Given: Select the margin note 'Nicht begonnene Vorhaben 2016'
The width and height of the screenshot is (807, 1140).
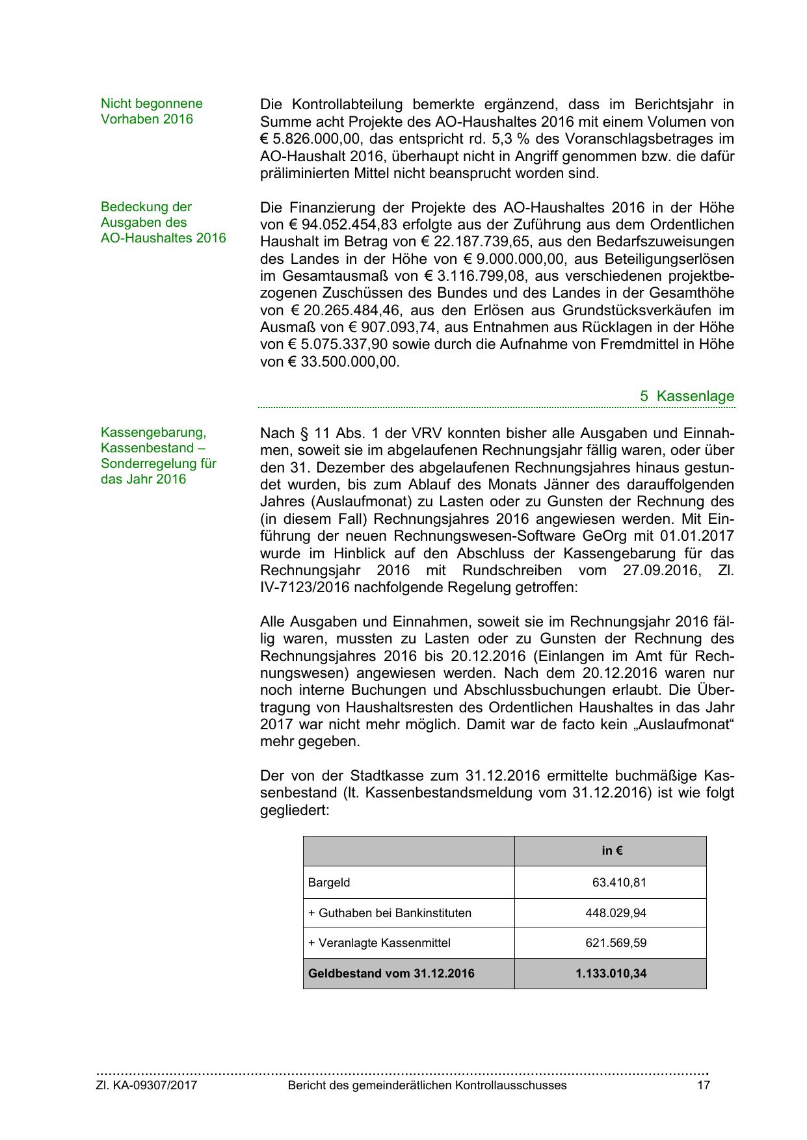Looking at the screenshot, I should click(152, 111).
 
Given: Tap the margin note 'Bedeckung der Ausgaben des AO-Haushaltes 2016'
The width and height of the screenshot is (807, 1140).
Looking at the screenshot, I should click(163, 222).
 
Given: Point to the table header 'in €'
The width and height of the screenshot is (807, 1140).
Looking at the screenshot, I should click(611, 851).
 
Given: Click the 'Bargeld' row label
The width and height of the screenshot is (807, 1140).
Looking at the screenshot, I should click(329, 883).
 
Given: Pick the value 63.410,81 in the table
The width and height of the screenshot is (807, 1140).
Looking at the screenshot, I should click(619, 883).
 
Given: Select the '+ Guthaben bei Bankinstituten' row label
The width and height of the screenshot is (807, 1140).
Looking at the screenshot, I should click(390, 913).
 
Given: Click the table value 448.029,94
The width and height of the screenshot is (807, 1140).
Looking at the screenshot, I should click(616, 913).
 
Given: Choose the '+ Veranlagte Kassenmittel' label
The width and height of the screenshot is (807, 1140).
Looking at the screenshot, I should click(379, 942).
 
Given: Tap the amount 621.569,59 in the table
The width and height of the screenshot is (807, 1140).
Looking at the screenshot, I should click(616, 942).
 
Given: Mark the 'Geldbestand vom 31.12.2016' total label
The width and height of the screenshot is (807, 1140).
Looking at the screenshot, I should click(391, 973).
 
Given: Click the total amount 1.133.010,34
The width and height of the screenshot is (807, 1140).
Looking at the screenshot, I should click(611, 973).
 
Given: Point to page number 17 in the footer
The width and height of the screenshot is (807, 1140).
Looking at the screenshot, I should click(703, 1085).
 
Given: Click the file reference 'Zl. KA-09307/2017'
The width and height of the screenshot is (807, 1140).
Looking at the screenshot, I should click(147, 1085).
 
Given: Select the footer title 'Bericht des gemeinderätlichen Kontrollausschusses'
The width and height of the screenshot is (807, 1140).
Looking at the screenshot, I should click(427, 1085).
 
